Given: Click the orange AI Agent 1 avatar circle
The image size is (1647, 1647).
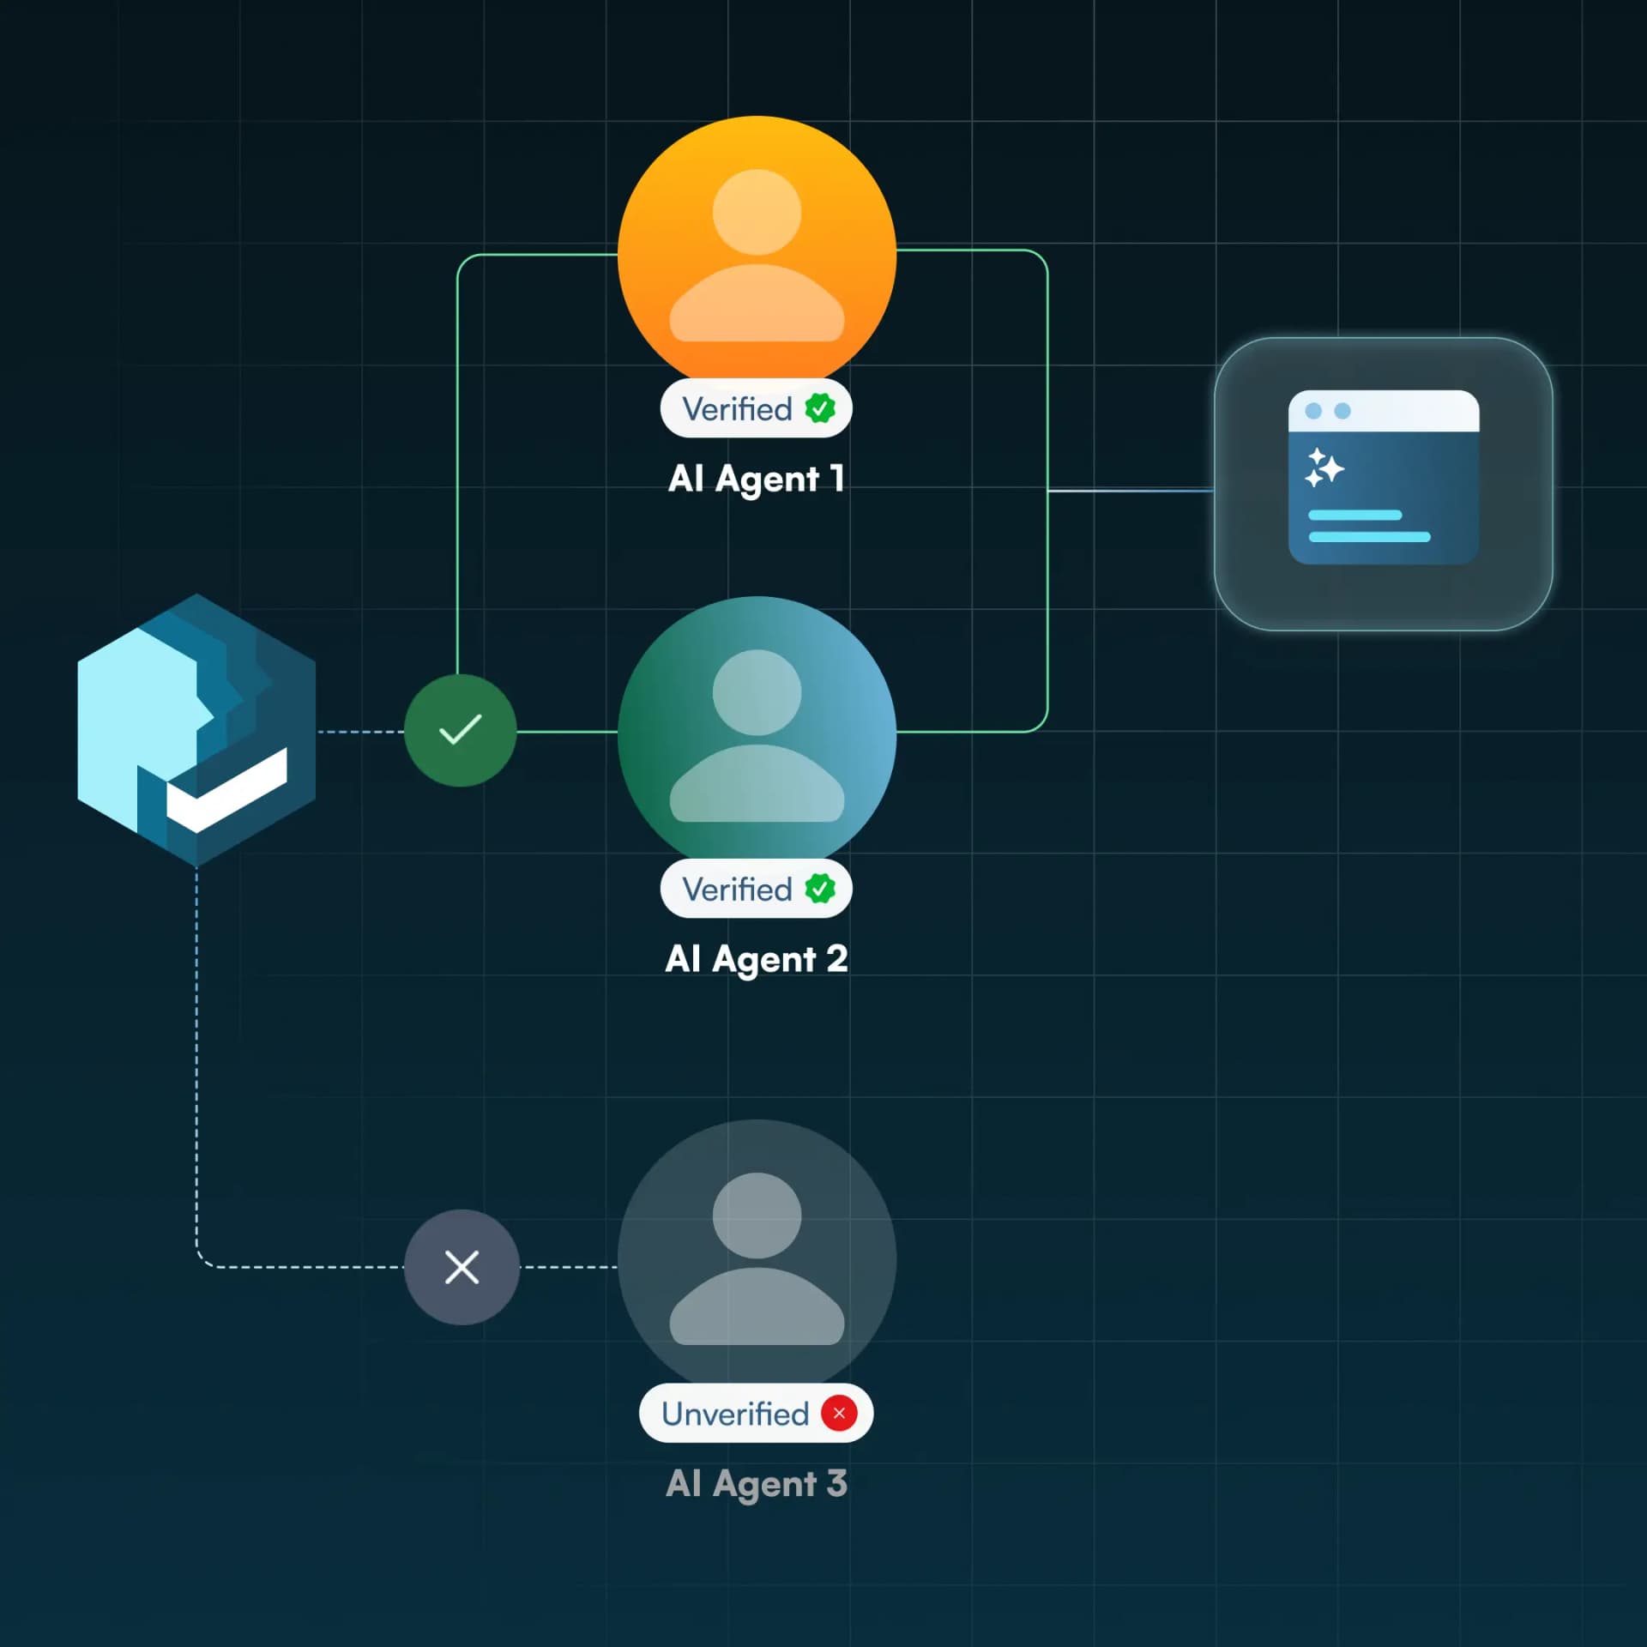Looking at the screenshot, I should click(757, 249).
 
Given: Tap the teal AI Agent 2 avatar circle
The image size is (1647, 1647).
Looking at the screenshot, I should click(757, 729).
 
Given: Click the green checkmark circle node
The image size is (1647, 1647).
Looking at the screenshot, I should click(461, 730).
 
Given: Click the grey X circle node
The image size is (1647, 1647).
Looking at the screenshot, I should click(462, 1267).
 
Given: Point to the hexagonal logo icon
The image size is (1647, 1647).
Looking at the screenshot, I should click(196, 730).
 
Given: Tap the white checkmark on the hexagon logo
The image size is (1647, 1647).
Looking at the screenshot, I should click(227, 790).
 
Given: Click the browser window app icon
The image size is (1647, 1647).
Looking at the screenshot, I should click(1383, 484).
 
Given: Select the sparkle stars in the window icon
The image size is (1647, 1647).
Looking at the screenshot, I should click(1324, 468).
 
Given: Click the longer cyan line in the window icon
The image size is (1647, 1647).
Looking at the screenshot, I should click(1369, 537).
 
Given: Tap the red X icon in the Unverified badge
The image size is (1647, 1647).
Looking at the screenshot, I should click(839, 1413).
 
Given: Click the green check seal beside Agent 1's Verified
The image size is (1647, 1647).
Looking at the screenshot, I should click(820, 408).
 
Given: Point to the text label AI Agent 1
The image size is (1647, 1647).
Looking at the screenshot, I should click(757, 479).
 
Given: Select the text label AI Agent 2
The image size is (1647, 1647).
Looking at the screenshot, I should click(757, 959).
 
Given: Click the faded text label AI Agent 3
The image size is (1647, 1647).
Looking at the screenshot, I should click(757, 1483).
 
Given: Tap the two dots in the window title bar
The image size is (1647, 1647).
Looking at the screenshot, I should click(1328, 412).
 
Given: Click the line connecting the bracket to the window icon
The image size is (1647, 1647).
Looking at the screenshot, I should click(1131, 491).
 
